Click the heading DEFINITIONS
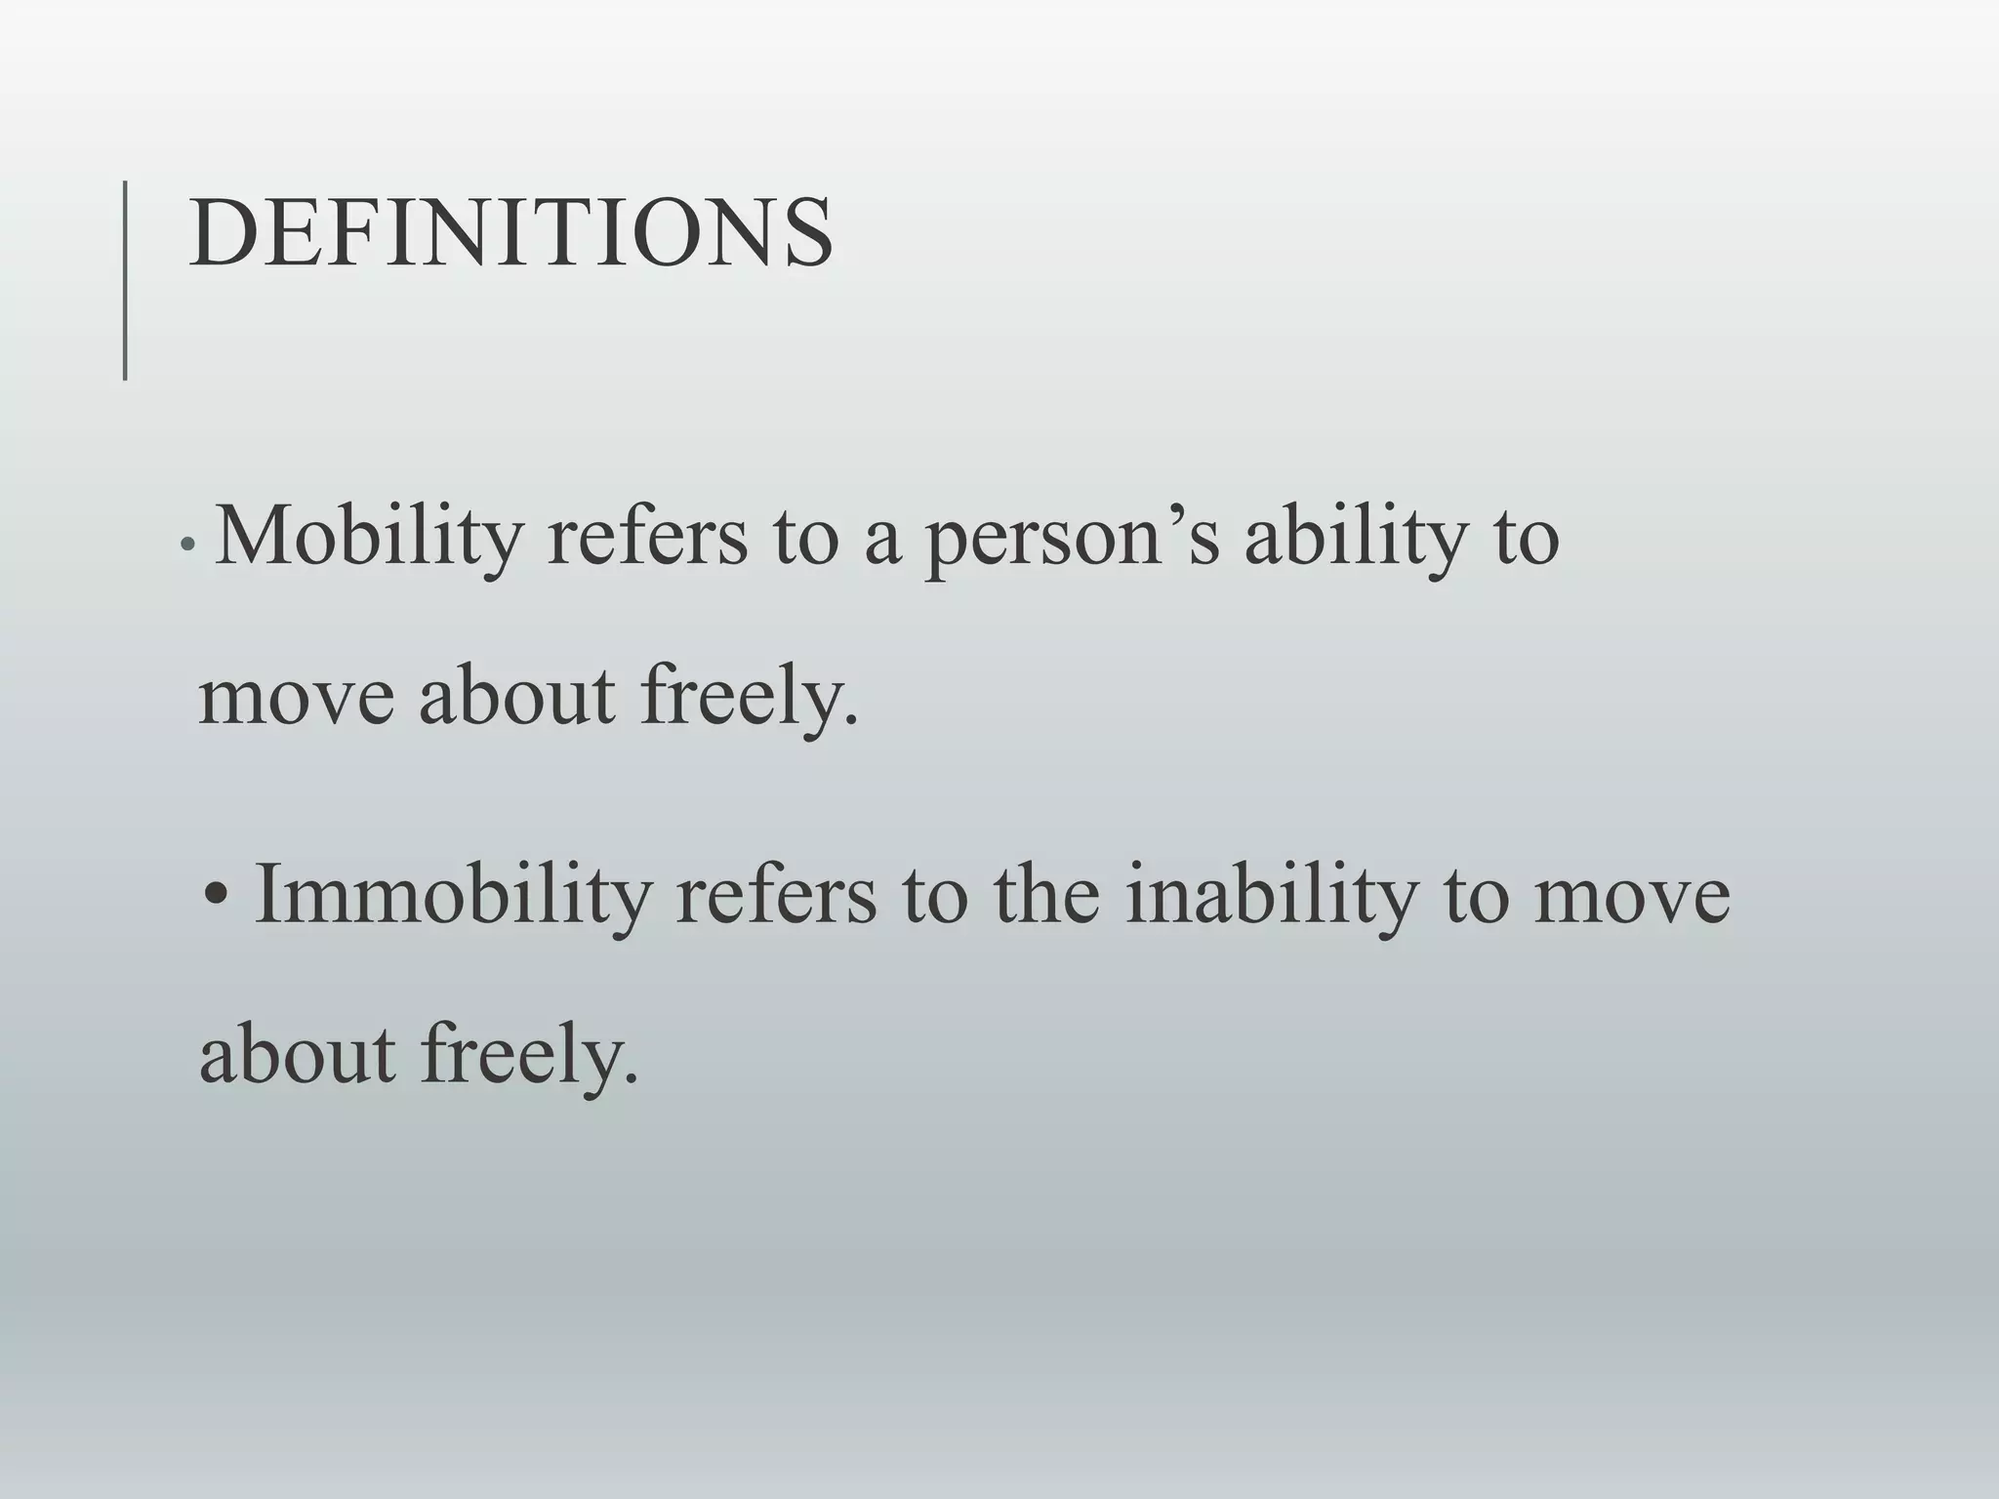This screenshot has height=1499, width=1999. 510,233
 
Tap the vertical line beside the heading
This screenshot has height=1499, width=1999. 125,280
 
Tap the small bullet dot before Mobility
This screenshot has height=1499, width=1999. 189,547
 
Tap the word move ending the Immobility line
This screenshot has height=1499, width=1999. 1632,896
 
